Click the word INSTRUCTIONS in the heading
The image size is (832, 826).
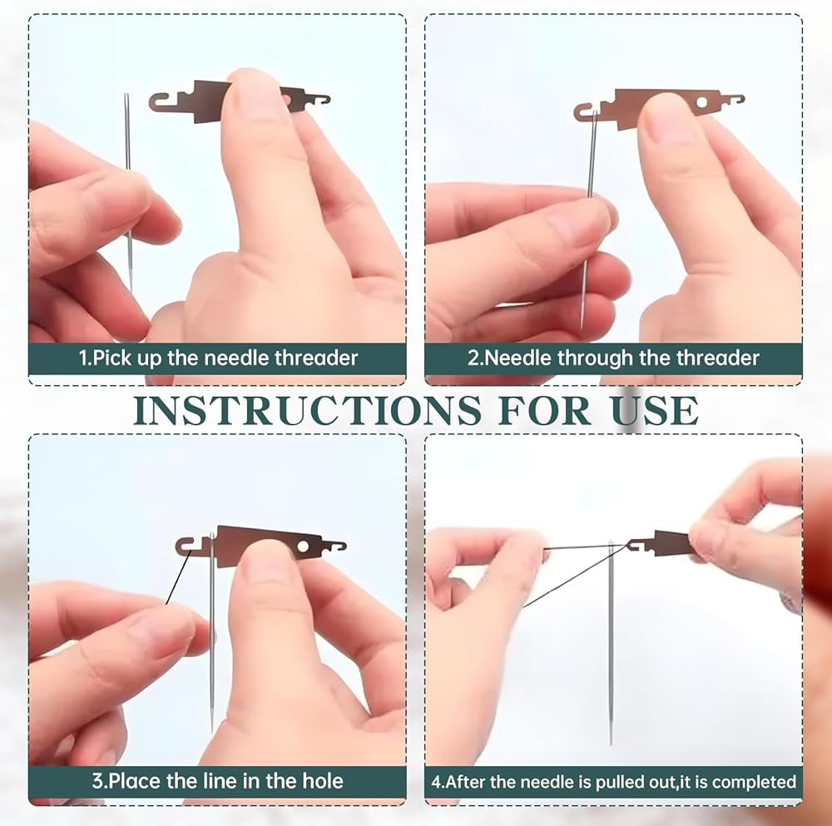pyautogui.click(x=307, y=410)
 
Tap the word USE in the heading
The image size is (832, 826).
pyautogui.click(x=655, y=410)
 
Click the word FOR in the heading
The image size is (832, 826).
pyautogui.click(x=545, y=410)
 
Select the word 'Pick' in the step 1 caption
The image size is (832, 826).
pyautogui.click(x=112, y=359)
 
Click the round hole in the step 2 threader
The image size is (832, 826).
pyautogui.click(x=702, y=101)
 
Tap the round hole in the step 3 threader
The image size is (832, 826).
pyautogui.click(x=304, y=546)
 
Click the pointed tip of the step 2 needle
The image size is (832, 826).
pyautogui.click(x=582, y=328)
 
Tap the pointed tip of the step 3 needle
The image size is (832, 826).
pyautogui.click(x=212, y=730)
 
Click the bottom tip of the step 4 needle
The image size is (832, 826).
pyautogui.click(x=611, y=744)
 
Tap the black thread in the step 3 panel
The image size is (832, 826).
pyautogui.click(x=178, y=578)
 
